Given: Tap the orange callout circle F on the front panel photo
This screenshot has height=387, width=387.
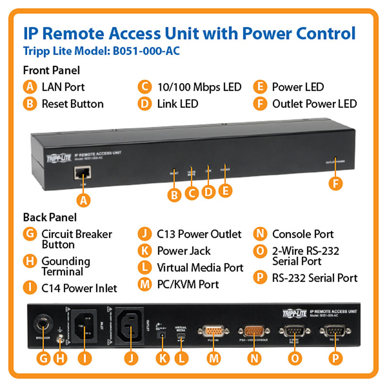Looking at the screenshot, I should (334, 183).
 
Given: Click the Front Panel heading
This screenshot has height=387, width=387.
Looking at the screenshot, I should (51, 70).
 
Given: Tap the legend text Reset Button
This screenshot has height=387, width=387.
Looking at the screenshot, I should (73, 104).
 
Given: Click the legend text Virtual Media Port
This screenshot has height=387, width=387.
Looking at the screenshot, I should (200, 268).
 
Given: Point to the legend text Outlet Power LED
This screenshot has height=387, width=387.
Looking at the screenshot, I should (314, 104).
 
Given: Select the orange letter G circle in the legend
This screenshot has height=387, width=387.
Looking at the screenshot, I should (30, 235).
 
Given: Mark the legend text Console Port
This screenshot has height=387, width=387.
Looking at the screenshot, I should (303, 234).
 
